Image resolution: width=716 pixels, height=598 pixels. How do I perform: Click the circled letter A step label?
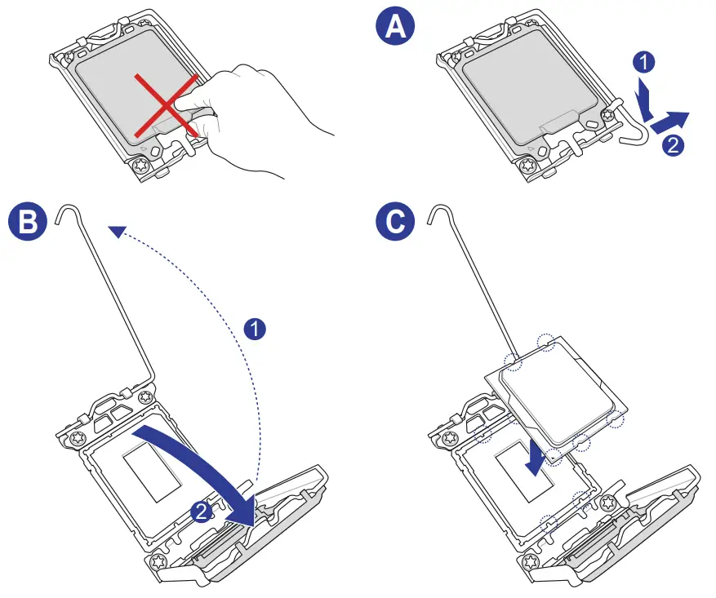[x=395, y=28]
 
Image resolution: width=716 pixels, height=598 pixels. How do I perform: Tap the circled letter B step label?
[x=27, y=222]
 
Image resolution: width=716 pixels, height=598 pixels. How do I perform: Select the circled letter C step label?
[x=395, y=222]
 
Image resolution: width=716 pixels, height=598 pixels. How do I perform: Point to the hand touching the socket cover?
[x=269, y=122]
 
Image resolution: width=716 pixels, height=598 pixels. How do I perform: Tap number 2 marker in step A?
[x=671, y=147]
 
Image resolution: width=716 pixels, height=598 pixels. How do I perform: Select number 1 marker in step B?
[x=255, y=330]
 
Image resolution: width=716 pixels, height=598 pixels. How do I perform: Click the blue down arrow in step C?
[x=535, y=457]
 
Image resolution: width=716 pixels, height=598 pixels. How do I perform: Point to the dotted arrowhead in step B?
[x=119, y=233]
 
